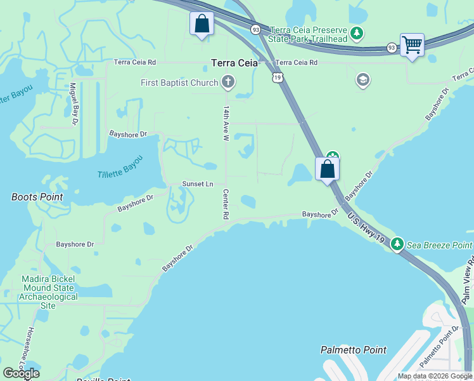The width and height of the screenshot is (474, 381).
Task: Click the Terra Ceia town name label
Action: (x=234, y=63)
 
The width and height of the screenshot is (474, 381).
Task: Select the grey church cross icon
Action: (x=228, y=82)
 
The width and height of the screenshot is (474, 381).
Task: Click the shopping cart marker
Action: (x=412, y=45)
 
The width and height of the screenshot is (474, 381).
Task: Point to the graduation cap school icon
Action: (x=363, y=80)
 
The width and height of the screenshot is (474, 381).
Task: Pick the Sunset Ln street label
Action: (x=198, y=184)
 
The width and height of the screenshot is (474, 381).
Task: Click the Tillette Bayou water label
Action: (x=120, y=171)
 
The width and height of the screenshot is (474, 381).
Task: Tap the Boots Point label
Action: (x=37, y=197)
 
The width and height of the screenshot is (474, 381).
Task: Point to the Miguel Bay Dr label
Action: (x=74, y=103)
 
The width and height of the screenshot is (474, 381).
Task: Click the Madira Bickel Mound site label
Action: (x=48, y=292)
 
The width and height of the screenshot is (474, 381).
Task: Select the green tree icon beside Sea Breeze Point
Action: (x=397, y=244)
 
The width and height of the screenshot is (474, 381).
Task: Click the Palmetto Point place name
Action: (x=353, y=350)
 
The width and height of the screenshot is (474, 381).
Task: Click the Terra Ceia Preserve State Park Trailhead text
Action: (x=309, y=34)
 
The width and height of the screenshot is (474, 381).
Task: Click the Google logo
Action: (x=21, y=373)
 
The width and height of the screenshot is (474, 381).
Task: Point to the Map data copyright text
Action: (x=435, y=376)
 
